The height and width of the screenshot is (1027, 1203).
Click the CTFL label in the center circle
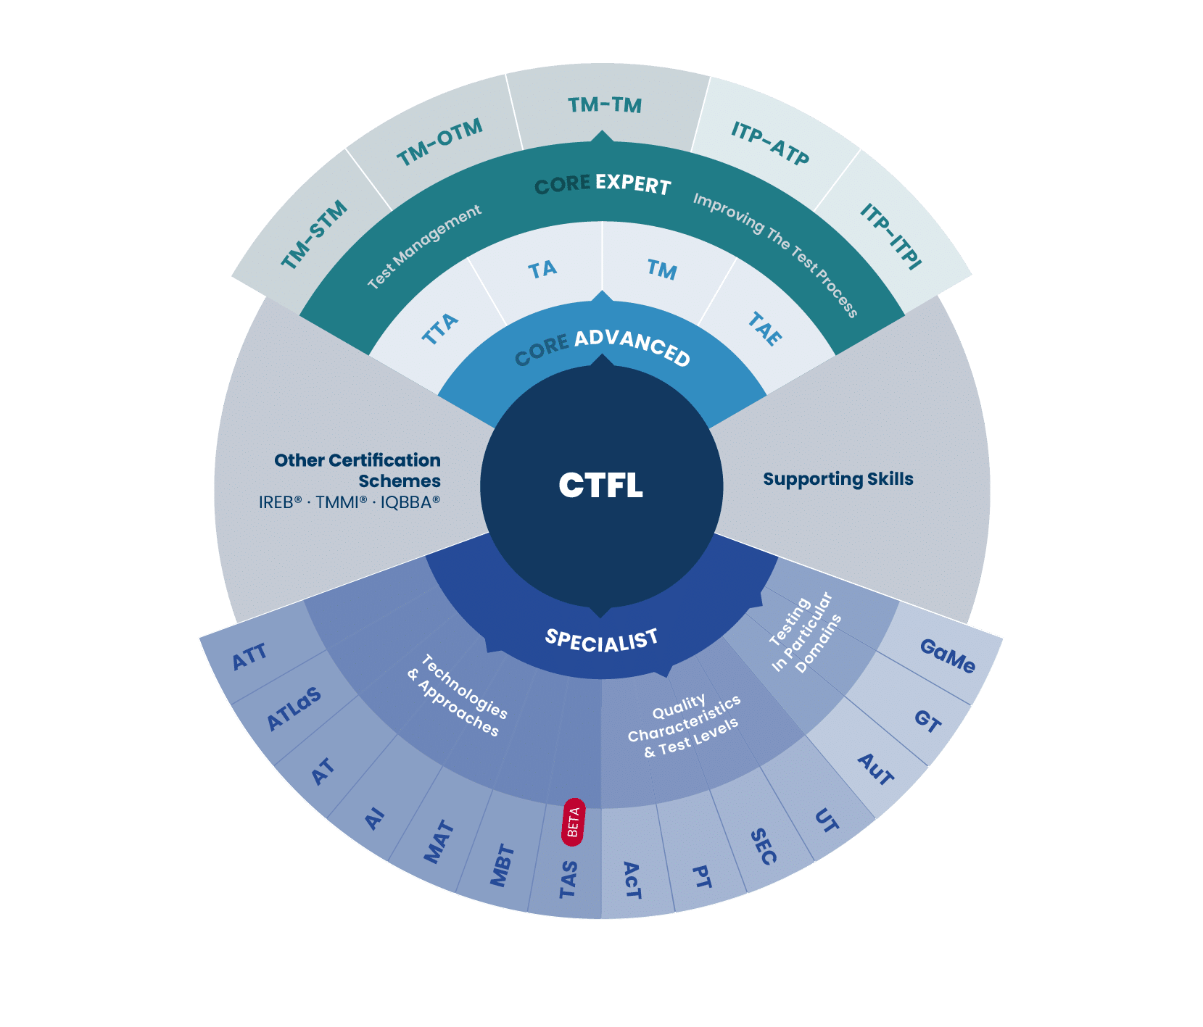tap(600, 486)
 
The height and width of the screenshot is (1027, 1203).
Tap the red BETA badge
tap(573, 822)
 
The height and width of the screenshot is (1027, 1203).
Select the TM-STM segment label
tap(314, 236)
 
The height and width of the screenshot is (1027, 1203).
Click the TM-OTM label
tap(439, 143)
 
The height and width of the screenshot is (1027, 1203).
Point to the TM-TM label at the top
tap(605, 106)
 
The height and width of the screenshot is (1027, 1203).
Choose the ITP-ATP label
tap(769, 144)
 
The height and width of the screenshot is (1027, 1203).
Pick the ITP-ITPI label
tap(890, 236)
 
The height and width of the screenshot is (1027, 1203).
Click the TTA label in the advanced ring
tap(440, 328)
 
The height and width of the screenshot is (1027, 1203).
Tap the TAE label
tap(765, 328)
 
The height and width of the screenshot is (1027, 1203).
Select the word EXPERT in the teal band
tap(633, 184)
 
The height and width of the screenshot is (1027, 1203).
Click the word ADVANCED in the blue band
tap(632, 347)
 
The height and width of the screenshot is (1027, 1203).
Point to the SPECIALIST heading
tap(602, 639)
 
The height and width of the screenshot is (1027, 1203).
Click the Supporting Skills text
tap(838, 479)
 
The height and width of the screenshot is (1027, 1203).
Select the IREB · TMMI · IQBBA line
tap(350, 502)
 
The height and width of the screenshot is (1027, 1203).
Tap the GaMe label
tap(947, 656)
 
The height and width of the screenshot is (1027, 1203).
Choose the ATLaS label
tap(294, 709)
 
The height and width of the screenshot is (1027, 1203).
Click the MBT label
tap(502, 865)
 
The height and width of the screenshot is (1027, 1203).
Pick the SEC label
tap(763, 847)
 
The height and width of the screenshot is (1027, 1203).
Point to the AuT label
tap(876, 770)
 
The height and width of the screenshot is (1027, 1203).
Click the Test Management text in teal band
tap(424, 247)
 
